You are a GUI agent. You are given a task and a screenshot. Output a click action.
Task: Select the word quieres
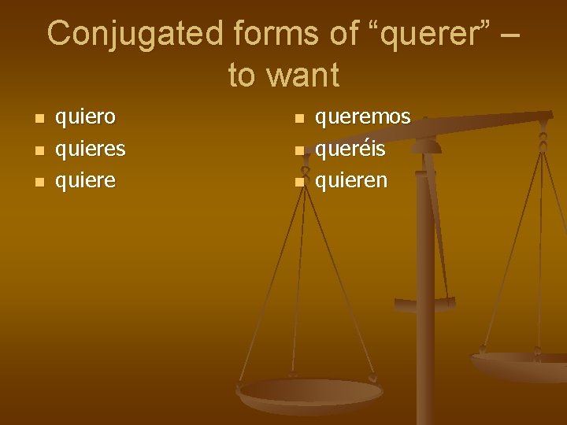90,150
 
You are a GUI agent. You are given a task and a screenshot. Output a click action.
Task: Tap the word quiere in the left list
84,181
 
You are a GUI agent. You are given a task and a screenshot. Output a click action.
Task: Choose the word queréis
350,150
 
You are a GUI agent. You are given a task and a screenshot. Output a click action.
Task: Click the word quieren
351,181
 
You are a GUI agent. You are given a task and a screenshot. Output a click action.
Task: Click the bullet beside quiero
38,120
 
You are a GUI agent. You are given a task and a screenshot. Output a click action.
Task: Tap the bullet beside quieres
38,151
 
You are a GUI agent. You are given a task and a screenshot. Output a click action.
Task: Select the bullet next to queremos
299,120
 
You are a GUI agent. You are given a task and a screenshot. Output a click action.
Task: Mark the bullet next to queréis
299,151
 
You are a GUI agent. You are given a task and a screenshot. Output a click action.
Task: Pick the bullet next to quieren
299,183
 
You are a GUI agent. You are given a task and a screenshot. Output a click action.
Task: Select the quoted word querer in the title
422,35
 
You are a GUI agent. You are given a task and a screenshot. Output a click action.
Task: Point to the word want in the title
304,76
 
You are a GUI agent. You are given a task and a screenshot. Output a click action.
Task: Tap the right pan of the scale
520,364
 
